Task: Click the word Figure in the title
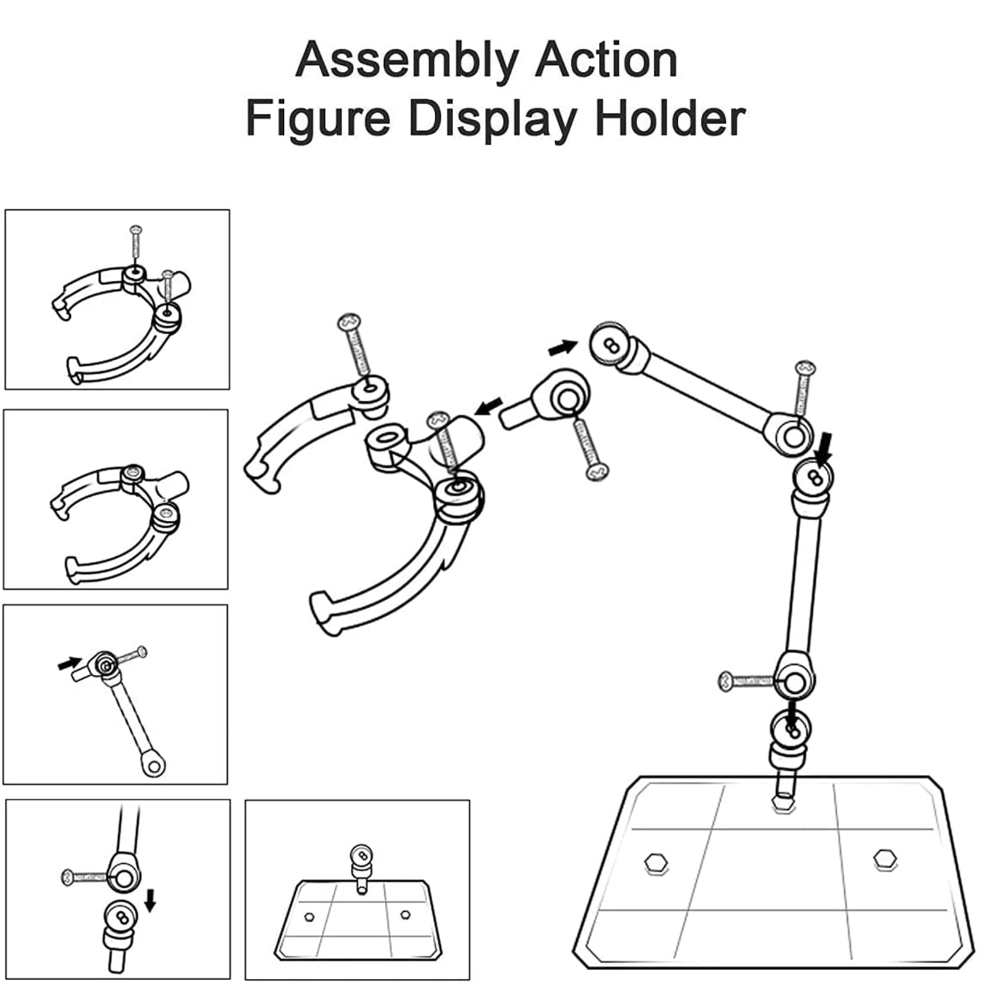[318, 119]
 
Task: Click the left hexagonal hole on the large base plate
[656, 862]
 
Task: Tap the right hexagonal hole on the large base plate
[885, 859]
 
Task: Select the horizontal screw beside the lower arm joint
[746, 681]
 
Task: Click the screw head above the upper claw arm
[350, 322]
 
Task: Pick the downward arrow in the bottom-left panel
[150, 902]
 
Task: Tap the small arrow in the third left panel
[69, 664]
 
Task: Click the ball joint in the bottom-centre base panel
[361, 855]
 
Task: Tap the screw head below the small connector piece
[597, 472]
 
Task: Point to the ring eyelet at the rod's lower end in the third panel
[153, 765]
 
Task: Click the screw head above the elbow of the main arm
[805, 369]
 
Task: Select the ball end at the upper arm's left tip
[610, 345]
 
